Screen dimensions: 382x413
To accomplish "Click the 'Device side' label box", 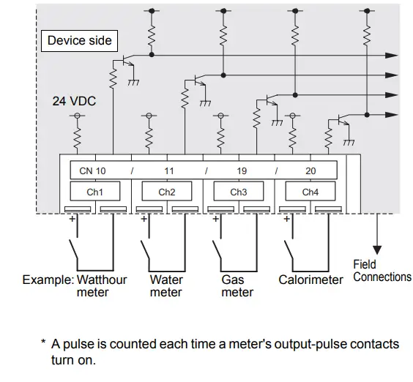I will (x=79, y=40).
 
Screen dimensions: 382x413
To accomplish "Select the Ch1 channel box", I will (x=94, y=192).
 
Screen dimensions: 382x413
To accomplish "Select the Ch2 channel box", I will (x=167, y=192).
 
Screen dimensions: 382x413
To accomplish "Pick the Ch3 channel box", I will (x=238, y=192).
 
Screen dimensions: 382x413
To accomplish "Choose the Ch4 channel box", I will (x=310, y=192).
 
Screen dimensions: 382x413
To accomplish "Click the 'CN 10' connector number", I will (x=92, y=171).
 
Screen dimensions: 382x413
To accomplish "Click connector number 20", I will (x=310, y=171).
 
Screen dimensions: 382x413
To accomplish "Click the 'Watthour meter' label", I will (x=102, y=286).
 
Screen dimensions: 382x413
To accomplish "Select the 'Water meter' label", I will (x=166, y=286).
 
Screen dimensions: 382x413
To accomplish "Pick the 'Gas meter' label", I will (x=237, y=286).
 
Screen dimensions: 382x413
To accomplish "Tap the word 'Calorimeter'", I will (x=310, y=280).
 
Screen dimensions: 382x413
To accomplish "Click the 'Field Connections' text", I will (x=382, y=271).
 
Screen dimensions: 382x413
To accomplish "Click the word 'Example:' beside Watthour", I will (x=48, y=280).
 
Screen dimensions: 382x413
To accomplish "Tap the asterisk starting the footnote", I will (x=43, y=342).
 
